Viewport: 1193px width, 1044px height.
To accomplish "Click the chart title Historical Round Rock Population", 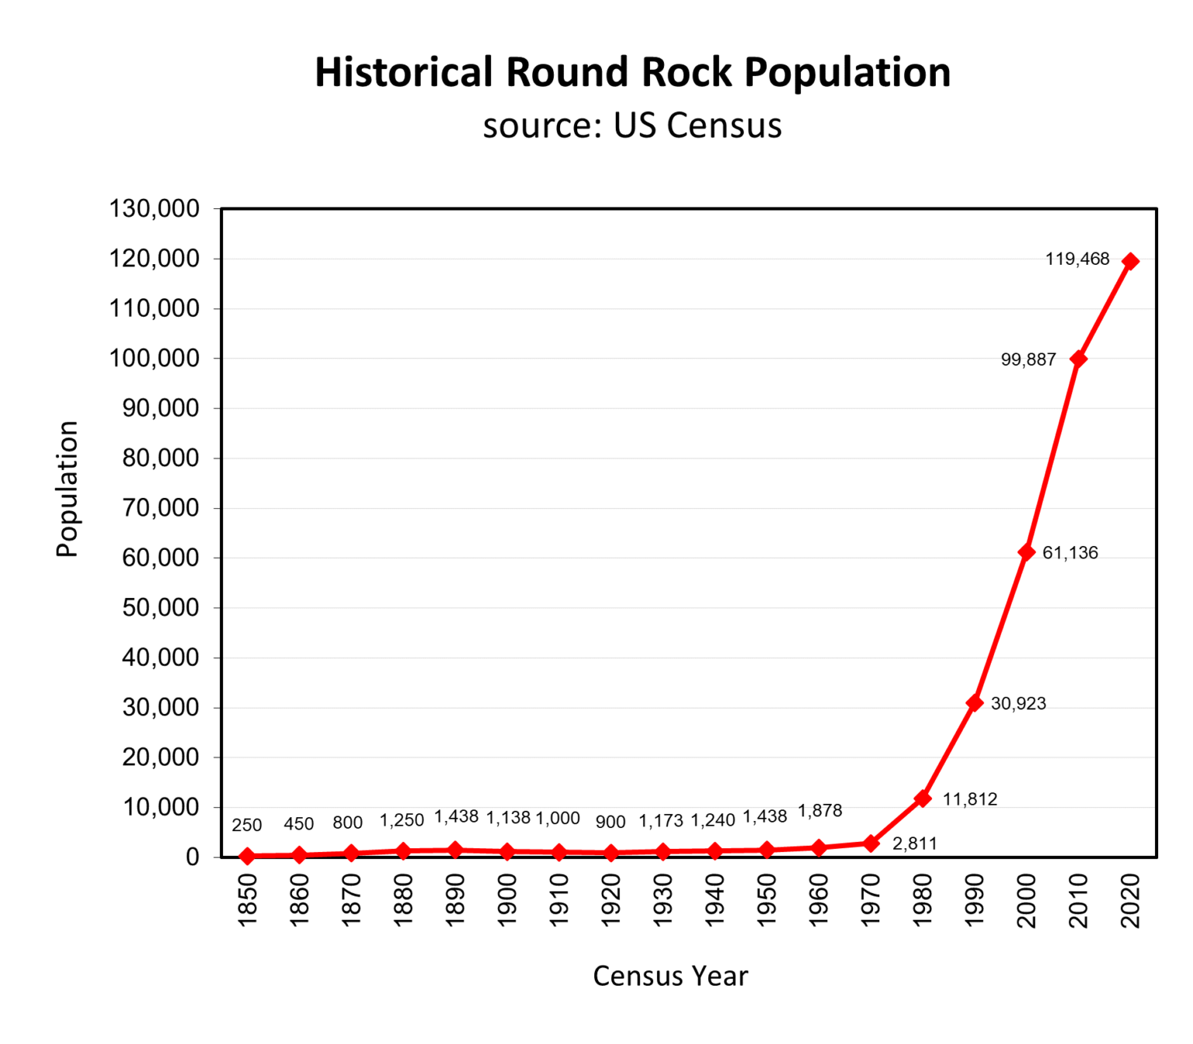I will (632, 72).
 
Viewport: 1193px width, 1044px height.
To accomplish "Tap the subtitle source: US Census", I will (632, 126).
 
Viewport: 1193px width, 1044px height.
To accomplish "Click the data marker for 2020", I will (1130, 261).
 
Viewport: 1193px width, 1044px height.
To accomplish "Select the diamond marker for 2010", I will (1078, 359).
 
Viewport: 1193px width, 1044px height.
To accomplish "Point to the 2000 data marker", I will (1026, 552).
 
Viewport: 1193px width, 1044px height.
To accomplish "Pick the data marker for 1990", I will (974, 703).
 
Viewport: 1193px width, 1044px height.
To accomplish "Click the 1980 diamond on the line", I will (923, 799).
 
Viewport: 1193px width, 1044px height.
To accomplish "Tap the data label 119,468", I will (1077, 259).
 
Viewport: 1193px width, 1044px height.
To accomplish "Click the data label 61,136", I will (1070, 553).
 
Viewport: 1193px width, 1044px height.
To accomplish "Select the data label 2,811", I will (914, 844).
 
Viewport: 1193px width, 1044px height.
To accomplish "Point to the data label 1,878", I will (820, 811).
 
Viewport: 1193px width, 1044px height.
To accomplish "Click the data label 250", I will (247, 825).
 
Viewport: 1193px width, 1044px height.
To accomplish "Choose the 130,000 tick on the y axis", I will (155, 208).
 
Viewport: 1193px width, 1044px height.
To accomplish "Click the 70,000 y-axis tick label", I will (161, 508).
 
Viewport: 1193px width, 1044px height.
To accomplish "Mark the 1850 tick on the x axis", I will (247, 900).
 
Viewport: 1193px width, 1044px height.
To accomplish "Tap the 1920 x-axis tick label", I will (610, 900).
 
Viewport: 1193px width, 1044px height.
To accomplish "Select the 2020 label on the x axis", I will (1130, 900).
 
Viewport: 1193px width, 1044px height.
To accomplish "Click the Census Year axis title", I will (670, 976).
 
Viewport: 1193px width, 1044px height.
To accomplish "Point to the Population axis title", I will (68, 489).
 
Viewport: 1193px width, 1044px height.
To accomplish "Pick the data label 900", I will (610, 823).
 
